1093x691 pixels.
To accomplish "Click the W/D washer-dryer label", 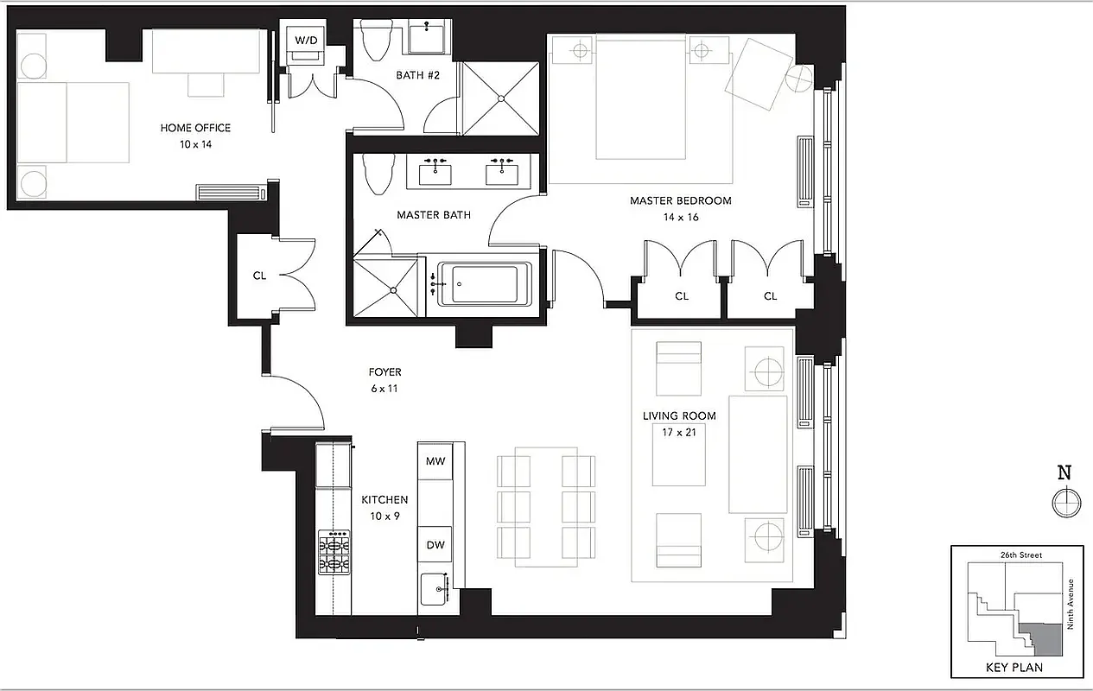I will click(x=306, y=41).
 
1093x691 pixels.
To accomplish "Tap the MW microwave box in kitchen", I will click(x=435, y=461).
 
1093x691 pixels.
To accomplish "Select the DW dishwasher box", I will click(x=435, y=545).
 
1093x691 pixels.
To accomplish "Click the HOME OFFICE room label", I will click(x=195, y=128).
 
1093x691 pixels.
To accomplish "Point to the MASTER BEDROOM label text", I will click(x=680, y=200).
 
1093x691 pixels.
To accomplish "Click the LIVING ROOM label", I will click(x=678, y=415).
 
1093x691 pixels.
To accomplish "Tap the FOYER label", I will click(x=384, y=372).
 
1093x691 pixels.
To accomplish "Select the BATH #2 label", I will click(x=418, y=75).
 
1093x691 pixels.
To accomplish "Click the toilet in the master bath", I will click(x=376, y=174).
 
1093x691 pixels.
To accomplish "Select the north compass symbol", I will click(x=1064, y=500).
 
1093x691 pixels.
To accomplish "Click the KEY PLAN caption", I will click(x=1014, y=667).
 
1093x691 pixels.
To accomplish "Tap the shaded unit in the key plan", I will click(x=1042, y=637).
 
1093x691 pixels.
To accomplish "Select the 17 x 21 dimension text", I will click(x=678, y=432).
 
